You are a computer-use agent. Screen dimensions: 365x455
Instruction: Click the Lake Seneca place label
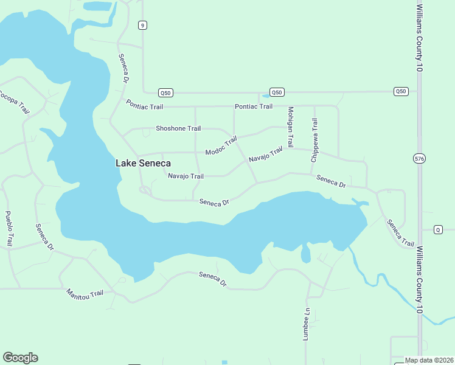tap(143, 163)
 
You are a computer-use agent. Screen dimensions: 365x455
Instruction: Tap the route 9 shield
tap(142, 25)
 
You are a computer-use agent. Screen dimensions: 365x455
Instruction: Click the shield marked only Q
tap(437, 229)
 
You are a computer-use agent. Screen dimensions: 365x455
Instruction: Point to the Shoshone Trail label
tap(178, 128)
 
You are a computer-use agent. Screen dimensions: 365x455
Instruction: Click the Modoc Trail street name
tap(221, 146)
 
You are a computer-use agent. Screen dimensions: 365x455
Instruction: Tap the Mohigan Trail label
tap(291, 127)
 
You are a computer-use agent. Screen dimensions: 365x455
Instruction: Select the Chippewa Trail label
tap(314, 140)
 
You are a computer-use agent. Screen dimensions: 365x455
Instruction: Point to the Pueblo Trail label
tap(9, 228)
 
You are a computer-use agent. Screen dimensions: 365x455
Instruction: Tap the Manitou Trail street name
tap(85, 293)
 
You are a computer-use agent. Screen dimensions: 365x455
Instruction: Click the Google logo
tap(20, 357)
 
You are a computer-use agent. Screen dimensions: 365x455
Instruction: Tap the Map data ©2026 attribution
tap(429, 360)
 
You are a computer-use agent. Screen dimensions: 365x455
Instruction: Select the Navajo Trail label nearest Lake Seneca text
tap(186, 176)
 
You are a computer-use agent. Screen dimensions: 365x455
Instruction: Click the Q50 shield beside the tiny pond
tap(277, 92)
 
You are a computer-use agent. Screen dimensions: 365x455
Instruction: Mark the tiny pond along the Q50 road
tap(265, 96)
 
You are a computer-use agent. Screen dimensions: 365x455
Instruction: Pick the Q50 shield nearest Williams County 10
tap(400, 91)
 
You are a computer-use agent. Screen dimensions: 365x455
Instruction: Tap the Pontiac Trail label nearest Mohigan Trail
tap(254, 106)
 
